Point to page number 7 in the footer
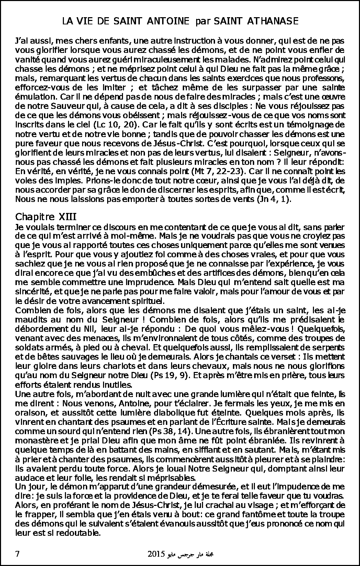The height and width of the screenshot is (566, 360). click(x=18, y=554)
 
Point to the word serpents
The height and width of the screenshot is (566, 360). click(x=330, y=347)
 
